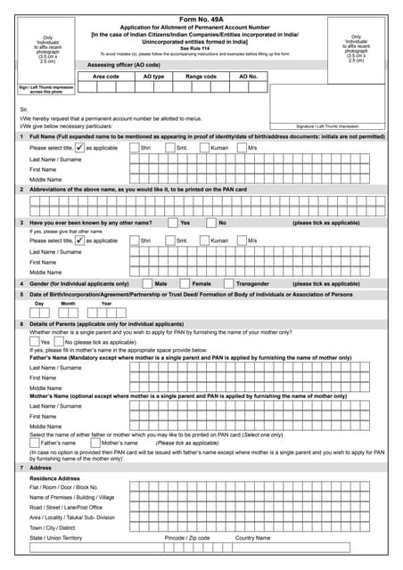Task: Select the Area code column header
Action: tap(106, 77)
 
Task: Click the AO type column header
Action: tap(153, 77)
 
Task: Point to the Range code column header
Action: tap(201, 77)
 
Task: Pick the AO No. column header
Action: tap(248, 77)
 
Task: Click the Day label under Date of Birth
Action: tap(39, 303)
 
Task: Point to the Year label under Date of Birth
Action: tap(106, 303)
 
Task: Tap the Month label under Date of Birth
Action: tap(68, 303)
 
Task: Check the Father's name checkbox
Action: tap(35, 443)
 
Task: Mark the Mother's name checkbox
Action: tap(95, 443)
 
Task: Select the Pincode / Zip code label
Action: tap(187, 538)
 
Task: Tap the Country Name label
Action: tap(252, 538)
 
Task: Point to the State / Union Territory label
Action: tap(55, 538)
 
